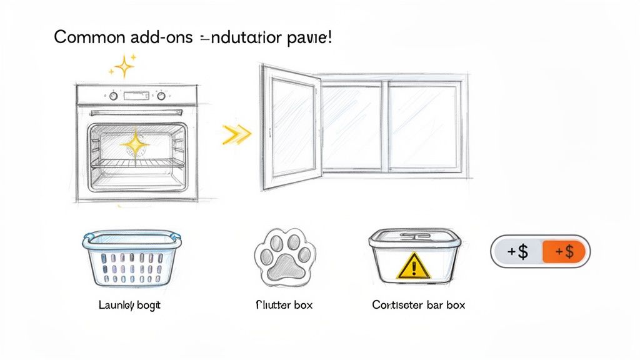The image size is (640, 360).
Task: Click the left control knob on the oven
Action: point(113,96)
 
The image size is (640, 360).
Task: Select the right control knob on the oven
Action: point(161,96)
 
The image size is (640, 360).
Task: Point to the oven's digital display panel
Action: point(137,96)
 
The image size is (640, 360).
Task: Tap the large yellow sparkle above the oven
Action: point(124,66)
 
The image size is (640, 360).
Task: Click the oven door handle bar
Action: point(137,113)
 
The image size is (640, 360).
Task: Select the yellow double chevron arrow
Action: point(237,133)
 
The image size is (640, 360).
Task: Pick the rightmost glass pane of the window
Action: point(423,127)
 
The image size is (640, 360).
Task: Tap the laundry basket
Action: point(131,259)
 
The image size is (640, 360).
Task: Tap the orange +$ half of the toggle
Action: point(564,252)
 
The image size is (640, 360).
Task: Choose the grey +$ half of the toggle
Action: point(517,252)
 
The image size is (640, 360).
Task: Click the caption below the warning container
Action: point(418,306)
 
